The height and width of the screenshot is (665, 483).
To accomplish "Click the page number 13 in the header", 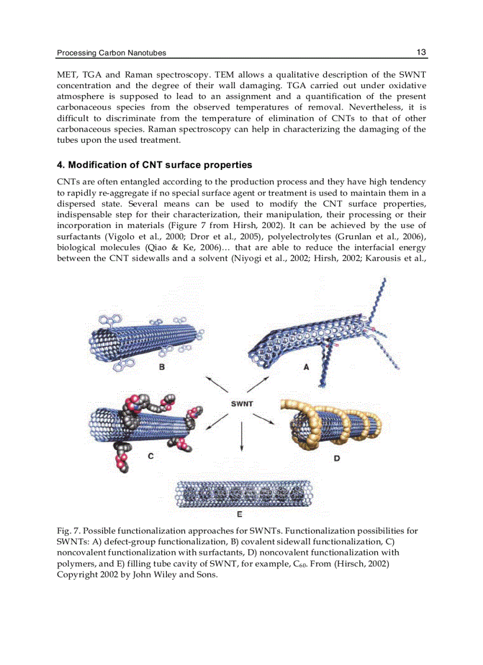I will pos(421,52).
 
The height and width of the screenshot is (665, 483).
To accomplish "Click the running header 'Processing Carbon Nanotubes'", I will pos(111,53).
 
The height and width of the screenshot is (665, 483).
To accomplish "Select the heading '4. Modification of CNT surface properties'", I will pos(154,165).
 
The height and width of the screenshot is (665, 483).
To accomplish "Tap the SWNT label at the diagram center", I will pos(241,404).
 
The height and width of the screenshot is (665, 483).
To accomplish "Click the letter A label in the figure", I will pos(306,367).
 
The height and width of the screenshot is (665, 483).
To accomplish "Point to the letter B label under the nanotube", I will pos(161,367).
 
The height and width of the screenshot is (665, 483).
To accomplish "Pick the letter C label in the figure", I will pos(150,455).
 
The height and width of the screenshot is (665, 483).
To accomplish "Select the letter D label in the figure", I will pos(337,458).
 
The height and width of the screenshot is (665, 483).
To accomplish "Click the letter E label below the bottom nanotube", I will pos(239,514).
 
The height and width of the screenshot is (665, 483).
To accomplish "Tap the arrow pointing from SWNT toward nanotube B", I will pos(216,383).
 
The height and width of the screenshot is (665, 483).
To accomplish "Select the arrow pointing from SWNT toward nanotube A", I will pos(258,383).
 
